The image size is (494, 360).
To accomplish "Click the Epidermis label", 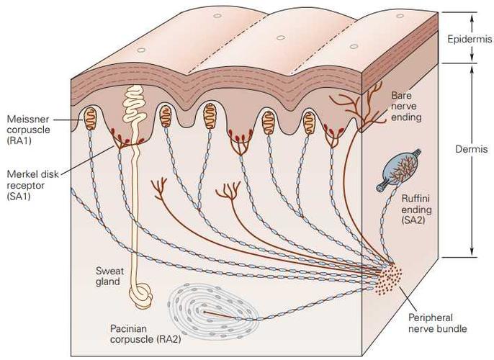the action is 470,39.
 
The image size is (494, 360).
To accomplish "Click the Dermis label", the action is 471,149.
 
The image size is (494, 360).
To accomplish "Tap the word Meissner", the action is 28,120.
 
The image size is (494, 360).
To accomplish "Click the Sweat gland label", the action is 109,276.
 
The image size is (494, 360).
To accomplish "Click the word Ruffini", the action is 416,199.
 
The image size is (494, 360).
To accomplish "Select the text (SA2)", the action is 413,220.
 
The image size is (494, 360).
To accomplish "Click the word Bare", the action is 401,96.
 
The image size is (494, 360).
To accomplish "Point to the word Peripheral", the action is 431,318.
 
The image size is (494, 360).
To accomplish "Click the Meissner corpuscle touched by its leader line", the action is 90,118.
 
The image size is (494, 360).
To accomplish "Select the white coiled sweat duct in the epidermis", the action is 134,104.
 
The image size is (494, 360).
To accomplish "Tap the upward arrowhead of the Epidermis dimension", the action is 472,18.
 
